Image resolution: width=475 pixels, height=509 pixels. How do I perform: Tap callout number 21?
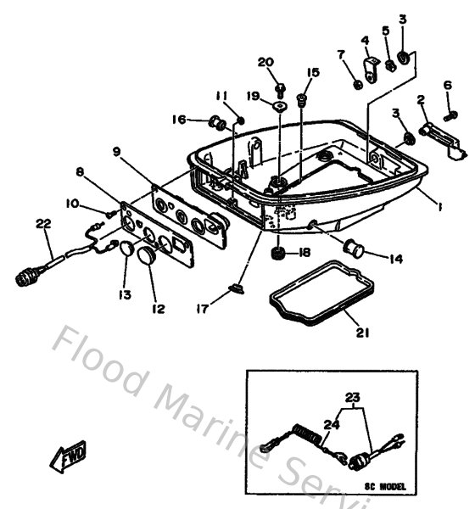pyautogui.click(x=362, y=333)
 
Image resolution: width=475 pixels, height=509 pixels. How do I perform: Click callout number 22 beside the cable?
pyautogui.click(x=43, y=223)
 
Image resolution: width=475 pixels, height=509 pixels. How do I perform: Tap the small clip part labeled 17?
pyautogui.click(x=237, y=291)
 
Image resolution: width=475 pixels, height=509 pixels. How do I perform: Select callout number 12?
pyautogui.click(x=158, y=310)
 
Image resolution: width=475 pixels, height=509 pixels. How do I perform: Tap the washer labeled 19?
pyautogui.click(x=277, y=106)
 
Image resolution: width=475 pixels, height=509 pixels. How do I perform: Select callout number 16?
pyautogui.click(x=179, y=120)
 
